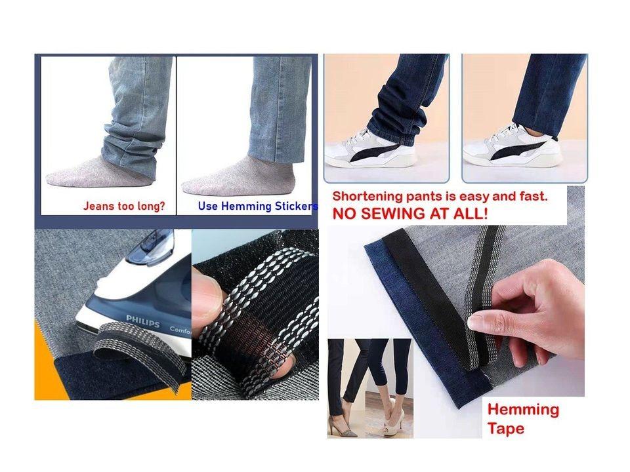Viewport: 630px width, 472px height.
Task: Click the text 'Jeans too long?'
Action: pyautogui.click(x=124, y=206)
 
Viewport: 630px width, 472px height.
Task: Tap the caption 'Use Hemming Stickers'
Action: pyautogui.click(x=257, y=206)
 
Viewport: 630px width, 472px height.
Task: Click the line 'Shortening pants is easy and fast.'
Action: pyautogui.click(x=440, y=196)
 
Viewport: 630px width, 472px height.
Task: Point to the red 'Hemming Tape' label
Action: pyautogui.click(x=522, y=419)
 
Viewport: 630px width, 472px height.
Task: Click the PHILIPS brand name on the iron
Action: pyautogui.click(x=142, y=318)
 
